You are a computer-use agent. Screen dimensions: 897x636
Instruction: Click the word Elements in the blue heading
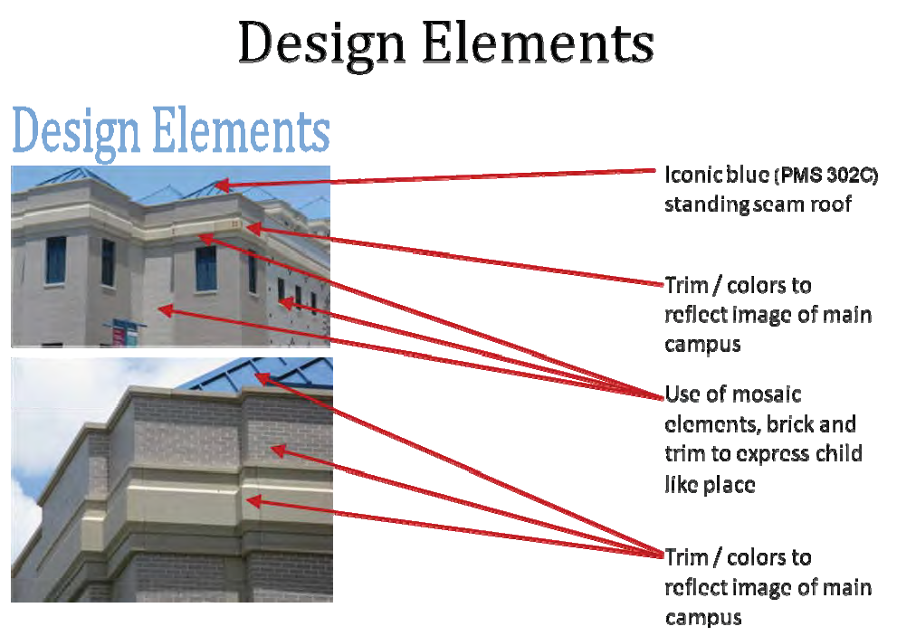click(242, 131)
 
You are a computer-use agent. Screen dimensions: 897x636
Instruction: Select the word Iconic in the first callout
click(686, 175)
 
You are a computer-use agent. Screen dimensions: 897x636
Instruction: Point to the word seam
click(779, 204)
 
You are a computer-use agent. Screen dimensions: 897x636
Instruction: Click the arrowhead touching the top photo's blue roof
click(223, 185)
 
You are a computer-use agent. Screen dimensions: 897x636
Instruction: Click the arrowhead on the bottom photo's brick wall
click(278, 451)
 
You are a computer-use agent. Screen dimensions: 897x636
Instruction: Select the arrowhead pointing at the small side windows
click(287, 303)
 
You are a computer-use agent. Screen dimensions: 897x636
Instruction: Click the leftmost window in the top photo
click(55, 261)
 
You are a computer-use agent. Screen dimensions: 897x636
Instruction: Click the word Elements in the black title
click(539, 43)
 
